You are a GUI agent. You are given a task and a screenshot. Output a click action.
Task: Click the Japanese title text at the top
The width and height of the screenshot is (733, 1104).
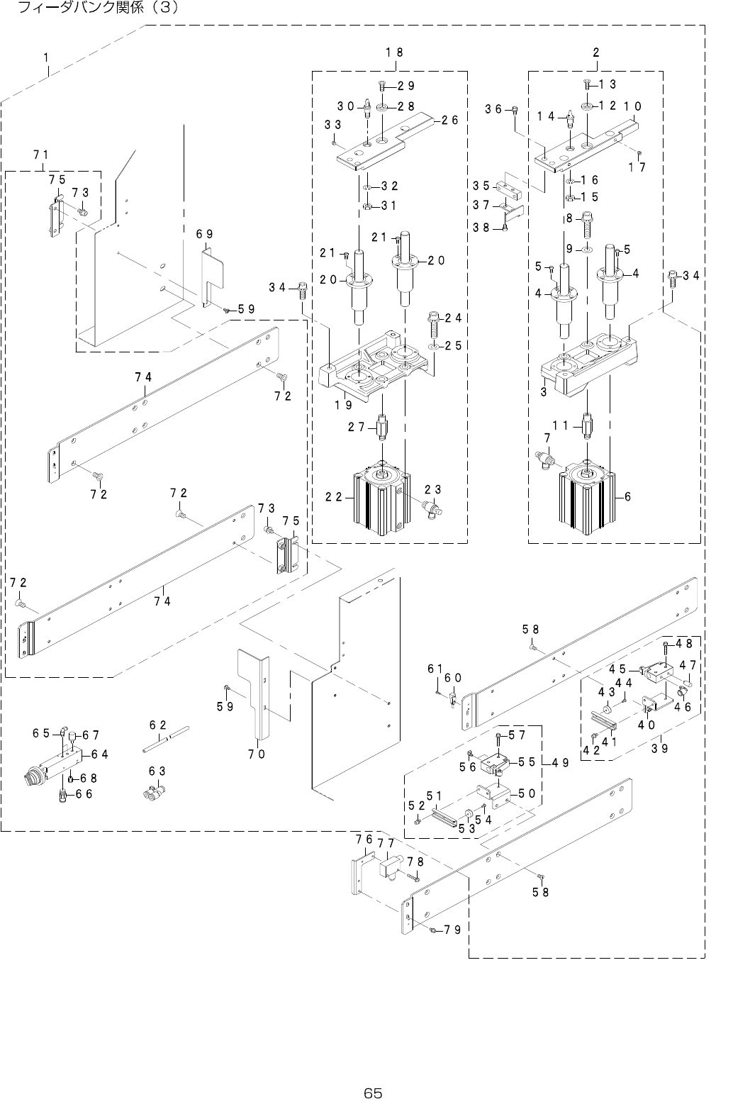click(x=93, y=8)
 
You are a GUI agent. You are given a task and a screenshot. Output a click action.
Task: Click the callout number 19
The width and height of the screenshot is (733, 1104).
click(x=345, y=406)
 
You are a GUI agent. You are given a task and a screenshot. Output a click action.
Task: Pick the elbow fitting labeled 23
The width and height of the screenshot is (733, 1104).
click(x=432, y=508)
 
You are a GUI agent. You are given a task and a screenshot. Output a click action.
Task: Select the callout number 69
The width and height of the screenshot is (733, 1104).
click(x=205, y=233)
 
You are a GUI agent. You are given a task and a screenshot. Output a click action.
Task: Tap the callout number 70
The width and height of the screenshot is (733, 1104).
click(x=257, y=754)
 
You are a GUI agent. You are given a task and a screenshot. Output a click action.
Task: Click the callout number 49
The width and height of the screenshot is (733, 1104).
click(x=559, y=763)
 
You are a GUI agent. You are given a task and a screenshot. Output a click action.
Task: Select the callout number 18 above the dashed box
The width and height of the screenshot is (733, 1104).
click(x=394, y=52)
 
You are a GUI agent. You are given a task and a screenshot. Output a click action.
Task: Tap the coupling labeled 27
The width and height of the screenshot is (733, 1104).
click(x=382, y=427)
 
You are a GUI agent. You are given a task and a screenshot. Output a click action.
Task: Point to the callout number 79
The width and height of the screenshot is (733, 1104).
click(x=454, y=930)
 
